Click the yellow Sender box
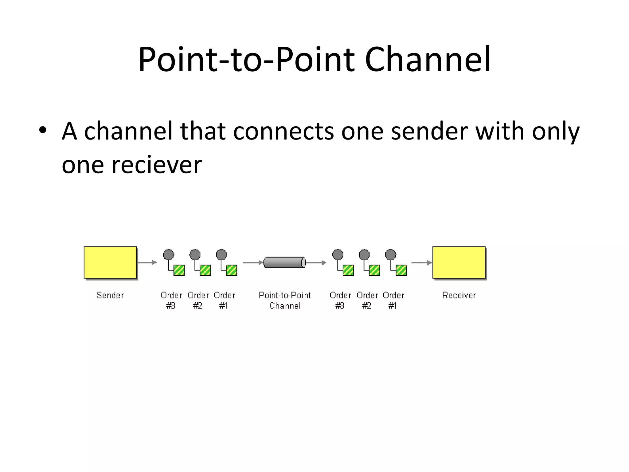point(110,262)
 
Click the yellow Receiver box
point(459,262)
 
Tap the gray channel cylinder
point(284,262)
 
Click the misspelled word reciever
point(157,165)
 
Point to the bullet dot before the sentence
point(43,130)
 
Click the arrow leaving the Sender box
point(147,262)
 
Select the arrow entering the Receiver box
point(421,263)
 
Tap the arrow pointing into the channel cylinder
point(253,263)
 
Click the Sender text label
point(110,295)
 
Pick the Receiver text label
point(459,295)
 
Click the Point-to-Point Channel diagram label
point(285,300)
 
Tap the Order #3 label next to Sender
point(171,300)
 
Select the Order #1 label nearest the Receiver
point(393,300)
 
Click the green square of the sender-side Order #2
point(205,270)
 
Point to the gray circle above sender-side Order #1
point(221,254)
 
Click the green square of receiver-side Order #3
point(348,270)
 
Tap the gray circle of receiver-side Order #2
point(364,254)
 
